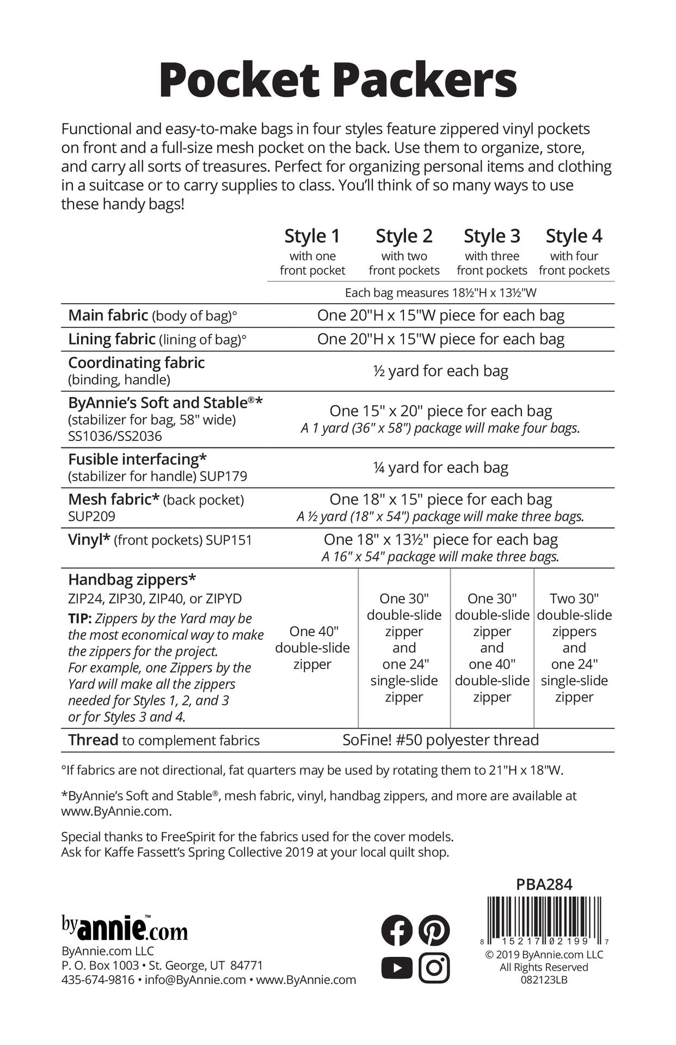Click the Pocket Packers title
337,81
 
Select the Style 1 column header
312,236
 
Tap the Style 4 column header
574,236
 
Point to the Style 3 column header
491,236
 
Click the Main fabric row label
108,316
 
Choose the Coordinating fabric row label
136,362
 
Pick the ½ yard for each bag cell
440,371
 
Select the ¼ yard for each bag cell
440,468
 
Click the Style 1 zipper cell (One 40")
312,648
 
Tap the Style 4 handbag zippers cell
574,648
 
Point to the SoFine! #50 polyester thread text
440,740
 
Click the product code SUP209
91,516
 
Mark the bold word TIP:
79,619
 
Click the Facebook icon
397,930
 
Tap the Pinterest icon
434,930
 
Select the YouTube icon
397,968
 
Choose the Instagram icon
434,968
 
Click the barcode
544,920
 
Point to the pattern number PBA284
544,884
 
